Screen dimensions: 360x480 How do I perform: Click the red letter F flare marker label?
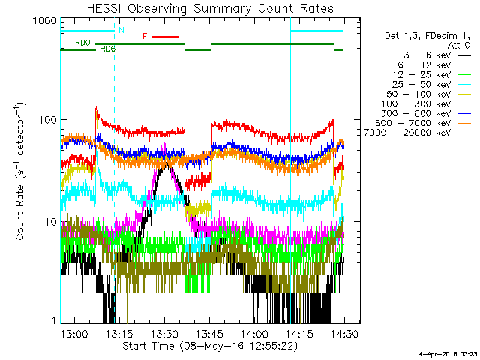[145, 36]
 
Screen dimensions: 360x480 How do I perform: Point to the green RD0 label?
[82, 43]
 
